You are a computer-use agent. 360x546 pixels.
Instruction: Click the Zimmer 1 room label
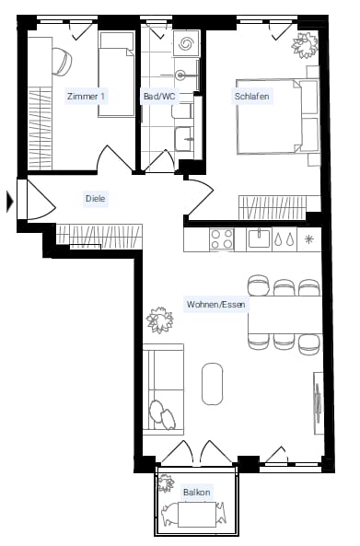[86, 96]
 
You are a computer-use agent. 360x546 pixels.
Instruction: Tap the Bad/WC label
[159, 96]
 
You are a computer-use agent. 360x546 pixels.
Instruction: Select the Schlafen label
[251, 96]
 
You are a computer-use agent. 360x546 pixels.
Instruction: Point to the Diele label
[96, 199]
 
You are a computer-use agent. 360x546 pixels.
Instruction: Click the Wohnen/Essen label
[215, 305]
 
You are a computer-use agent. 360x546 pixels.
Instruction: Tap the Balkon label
[197, 493]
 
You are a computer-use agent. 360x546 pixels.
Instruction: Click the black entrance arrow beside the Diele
[10, 202]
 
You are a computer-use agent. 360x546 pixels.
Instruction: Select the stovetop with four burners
[222, 239]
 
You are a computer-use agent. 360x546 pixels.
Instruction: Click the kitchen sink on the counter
[259, 238]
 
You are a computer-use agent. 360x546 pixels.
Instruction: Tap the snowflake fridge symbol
[308, 239]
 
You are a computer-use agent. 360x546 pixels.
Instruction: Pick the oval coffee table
[212, 384]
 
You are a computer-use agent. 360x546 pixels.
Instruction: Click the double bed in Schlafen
[278, 117]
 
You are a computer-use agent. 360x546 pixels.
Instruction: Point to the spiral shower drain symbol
[186, 43]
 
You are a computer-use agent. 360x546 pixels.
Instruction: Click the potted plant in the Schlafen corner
[305, 44]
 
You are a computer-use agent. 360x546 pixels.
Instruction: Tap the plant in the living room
[160, 319]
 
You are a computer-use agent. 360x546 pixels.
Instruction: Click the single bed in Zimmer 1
[116, 75]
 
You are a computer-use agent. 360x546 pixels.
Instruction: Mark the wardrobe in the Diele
[99, 237]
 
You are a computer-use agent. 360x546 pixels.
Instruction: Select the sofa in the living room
[163, 389]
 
